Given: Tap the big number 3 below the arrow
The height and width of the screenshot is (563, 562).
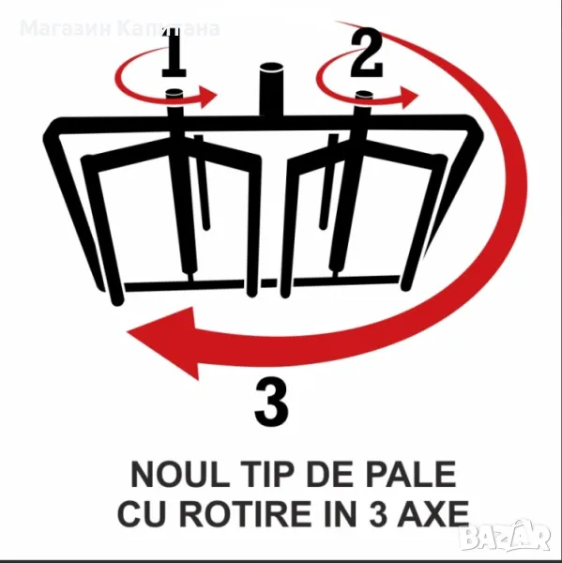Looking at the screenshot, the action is tap(271, 403).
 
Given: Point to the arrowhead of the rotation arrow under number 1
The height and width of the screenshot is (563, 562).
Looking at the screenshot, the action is tap(207, 96).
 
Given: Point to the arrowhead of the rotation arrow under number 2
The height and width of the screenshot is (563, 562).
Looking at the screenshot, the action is tap(409, 97).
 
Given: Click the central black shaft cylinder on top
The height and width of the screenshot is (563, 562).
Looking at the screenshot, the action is tap(271, 90).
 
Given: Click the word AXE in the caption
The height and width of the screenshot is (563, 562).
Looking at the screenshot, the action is tap(433, 513).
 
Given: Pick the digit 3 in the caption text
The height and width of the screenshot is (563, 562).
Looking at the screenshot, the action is tap(378, 513).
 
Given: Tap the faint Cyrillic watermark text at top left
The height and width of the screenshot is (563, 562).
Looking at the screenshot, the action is tap(119, 29).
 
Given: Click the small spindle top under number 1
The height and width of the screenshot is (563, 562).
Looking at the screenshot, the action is tap(175, 94).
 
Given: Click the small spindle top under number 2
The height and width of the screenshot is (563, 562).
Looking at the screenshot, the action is tap(364, 95).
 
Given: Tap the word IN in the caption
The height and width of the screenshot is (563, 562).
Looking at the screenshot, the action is tap(342, 513).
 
